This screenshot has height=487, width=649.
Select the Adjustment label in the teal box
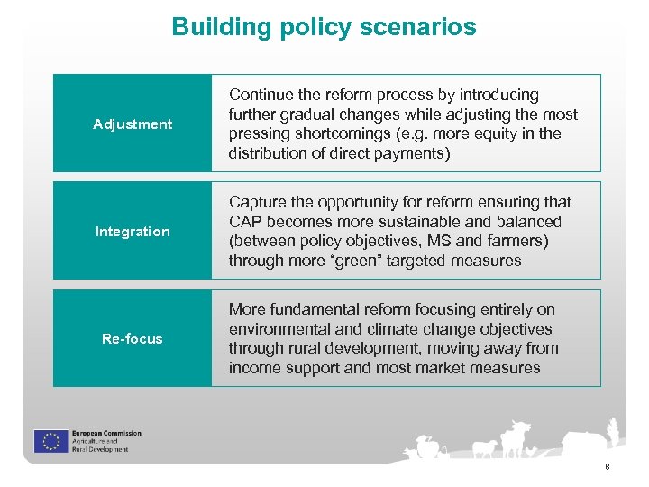tap(133, 124)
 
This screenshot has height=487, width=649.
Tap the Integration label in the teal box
tap(133, 232)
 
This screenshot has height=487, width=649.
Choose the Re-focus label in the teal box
tap(133, 339)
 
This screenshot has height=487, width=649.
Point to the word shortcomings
tap(334, 133)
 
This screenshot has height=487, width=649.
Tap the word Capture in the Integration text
tap(256, 202)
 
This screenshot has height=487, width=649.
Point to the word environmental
tap(275, 329)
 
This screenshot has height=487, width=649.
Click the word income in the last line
tap(253, 368)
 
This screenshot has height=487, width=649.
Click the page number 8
tap(608, 467)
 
